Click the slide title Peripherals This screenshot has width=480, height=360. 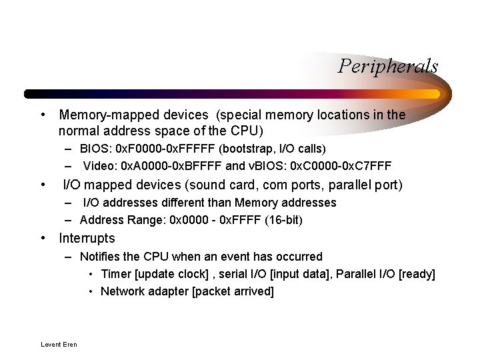(387, 66)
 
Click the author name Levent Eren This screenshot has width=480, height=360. (59, 345)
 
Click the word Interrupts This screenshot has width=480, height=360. (87, 238)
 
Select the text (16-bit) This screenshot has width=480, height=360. (280, 220)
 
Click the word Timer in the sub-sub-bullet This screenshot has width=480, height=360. (115, 274)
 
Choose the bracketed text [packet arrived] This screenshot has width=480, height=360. (233, 291)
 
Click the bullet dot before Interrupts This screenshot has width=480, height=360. (43, 238)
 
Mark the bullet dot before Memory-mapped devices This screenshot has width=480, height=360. (43, 115)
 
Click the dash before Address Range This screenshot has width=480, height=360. (69, 220)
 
